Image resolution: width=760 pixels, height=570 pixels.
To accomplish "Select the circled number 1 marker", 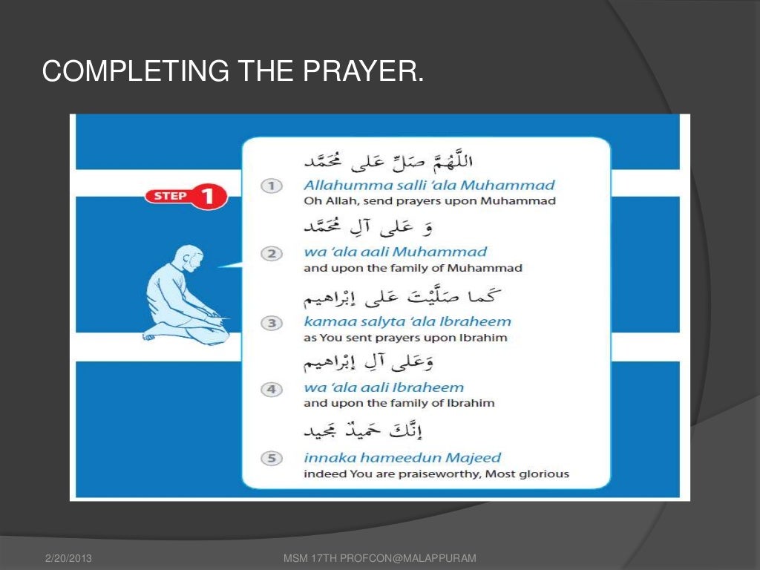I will pyautogui.click(x=272, y=186).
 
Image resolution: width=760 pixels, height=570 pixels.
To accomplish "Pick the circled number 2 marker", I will pyautogui.click(x=272, y=254).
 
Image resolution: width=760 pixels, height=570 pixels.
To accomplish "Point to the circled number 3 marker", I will pyautogui.click(x=272, y=323).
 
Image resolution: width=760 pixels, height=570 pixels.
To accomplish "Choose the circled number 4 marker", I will pyautogui.click(x=272, y=389).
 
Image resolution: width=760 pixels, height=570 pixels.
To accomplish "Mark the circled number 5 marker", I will pyautogui.click(x=272, y=459).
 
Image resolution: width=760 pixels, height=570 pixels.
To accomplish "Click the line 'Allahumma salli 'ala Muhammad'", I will pyautogui.click(x=429, y=185).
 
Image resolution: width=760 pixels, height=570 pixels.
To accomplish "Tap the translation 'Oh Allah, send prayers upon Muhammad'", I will pyautogui.click(x=430, y=200).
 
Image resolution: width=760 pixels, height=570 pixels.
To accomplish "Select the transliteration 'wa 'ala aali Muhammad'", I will pyautogui.click(x=395, y=252).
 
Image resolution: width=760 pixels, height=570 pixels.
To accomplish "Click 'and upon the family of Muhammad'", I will pyautogui.click(x=413, y=268).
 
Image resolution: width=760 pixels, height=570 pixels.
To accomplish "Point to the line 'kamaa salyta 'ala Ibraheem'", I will pyautogui.click(x=407, y=321).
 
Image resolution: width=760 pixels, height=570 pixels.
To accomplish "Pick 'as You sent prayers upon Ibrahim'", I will pyautogui.click(x=405, y=337).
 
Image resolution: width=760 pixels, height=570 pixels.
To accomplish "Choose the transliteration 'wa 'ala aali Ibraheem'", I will pyautogui.click(x=384, y=387).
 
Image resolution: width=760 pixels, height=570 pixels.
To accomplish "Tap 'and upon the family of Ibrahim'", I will pyautogui.click(x=399, y=403).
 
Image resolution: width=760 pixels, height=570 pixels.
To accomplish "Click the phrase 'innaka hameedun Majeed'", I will pyautogui.click(x=402, y=457).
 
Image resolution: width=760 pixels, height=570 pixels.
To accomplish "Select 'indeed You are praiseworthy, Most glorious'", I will pyautogui.click(x=436, y=474).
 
